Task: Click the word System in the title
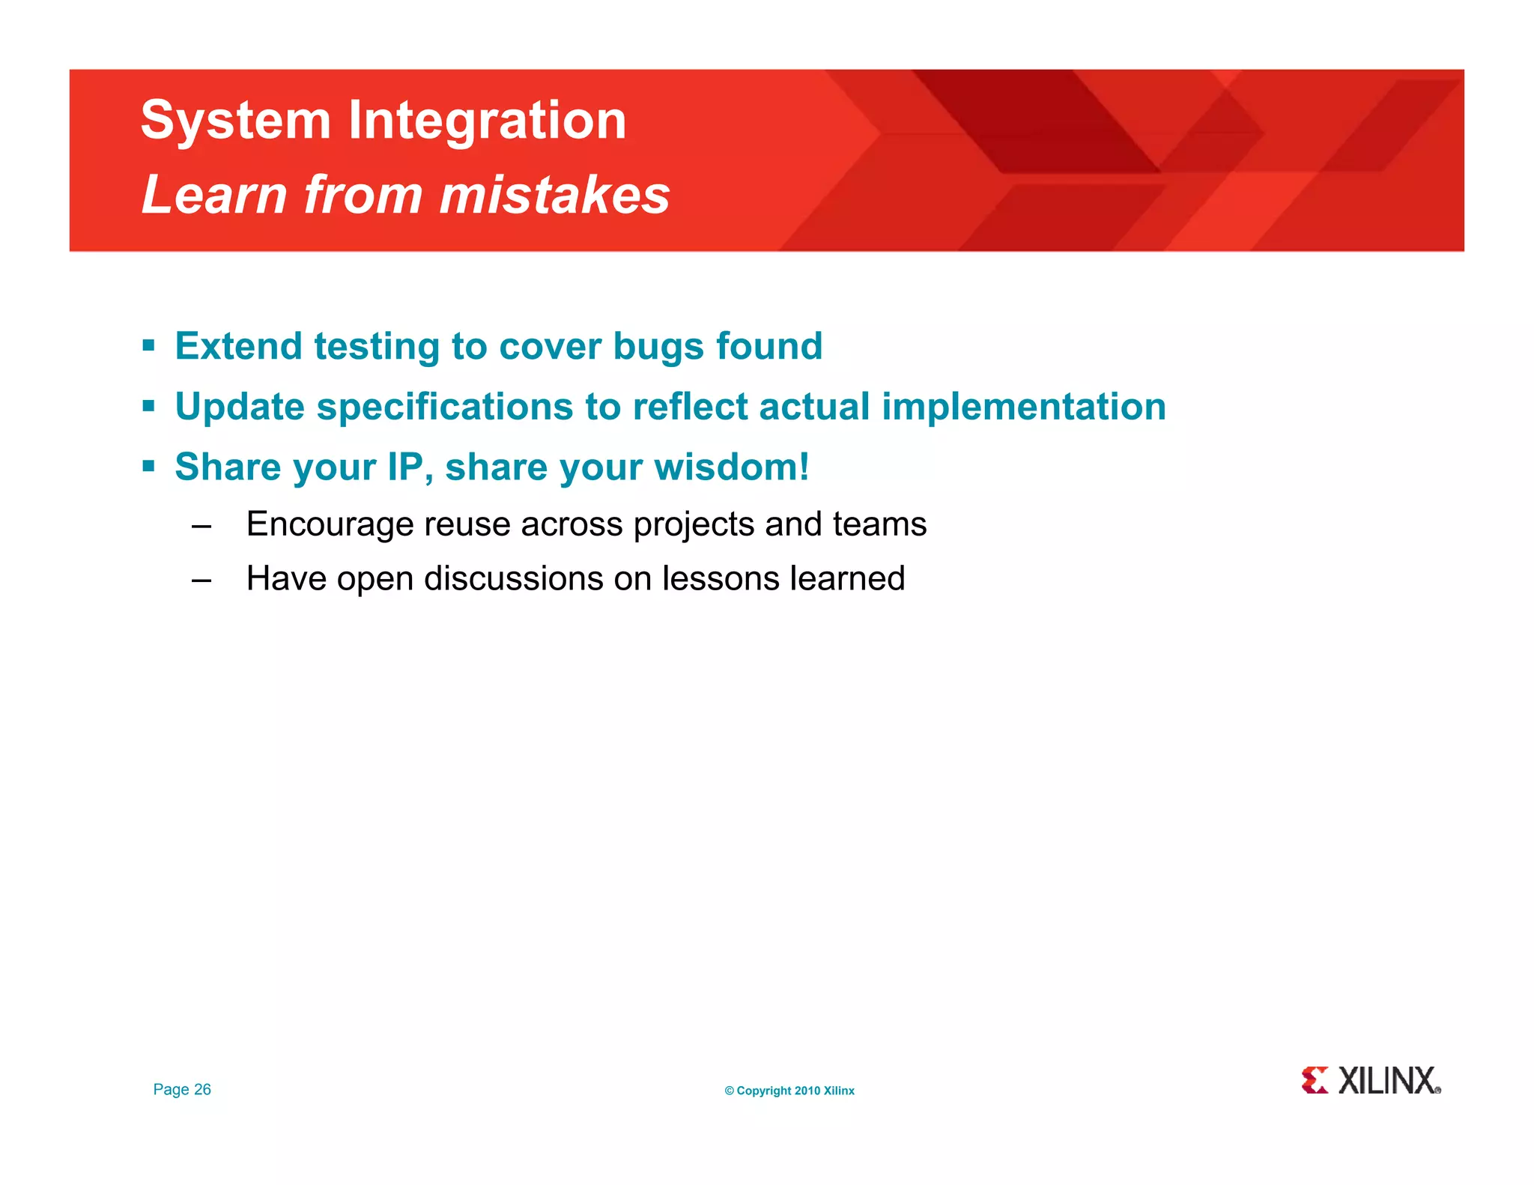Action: [x=235, y=121]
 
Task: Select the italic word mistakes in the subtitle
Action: [x=554, y=195]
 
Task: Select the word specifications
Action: [x=445, y=407]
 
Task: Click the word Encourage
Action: [x=330, y=524]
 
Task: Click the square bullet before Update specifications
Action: [x=148, y=407]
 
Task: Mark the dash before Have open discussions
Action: [x=201, y=580]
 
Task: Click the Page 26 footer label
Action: [x=182, y=1089]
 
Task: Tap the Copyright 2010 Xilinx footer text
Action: [x=789, y=1091]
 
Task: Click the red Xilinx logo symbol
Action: [x=1315, y=1080]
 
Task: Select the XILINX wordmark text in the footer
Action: [x=1387, y=1081]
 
